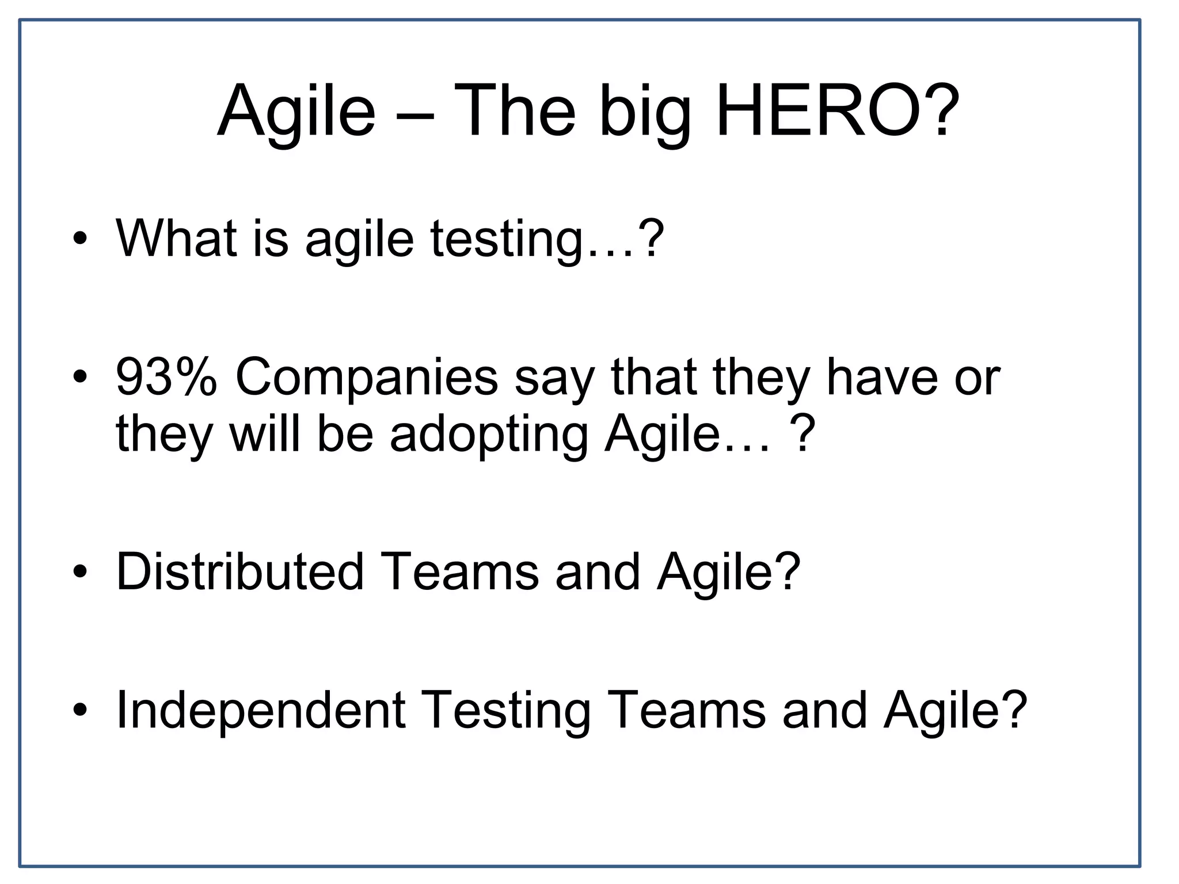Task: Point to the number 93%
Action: (166, 378)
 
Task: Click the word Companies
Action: (367, 378)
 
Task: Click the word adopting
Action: (489, 434)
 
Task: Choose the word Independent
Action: (261, 710)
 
